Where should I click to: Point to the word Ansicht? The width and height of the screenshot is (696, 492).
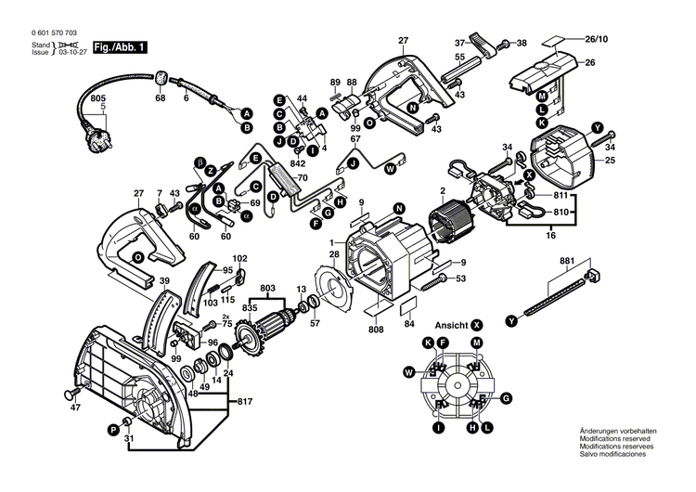[x=452, y=326]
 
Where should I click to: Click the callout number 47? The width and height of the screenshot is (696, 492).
[x=75, y=408]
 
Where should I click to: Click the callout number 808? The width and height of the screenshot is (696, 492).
[x=376, y=327]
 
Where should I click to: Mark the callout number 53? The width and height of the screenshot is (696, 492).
[x=460, y=278]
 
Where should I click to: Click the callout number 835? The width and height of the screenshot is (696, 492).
[x=250, y=307]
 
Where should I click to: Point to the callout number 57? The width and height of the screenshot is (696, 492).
[x=315, y=322]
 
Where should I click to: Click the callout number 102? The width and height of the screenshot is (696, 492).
[x=239, y=257]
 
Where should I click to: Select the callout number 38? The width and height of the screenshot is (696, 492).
[x=521, y=43]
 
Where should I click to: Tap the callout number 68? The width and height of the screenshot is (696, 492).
[x=161, y=97]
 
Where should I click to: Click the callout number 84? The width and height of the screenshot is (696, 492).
[x=408, y=324]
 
